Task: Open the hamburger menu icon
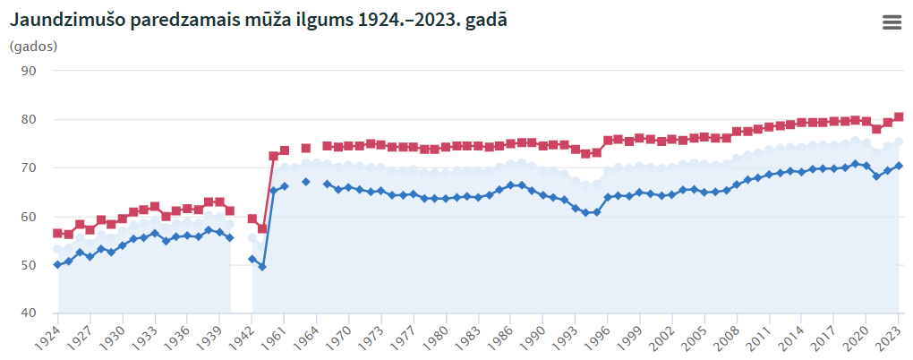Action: [x=892, y=23]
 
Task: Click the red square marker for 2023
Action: [x=899, y=116]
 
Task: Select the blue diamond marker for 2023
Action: [x=899, y=166]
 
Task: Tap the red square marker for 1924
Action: [x=57, y=233]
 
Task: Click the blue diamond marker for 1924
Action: [x=57, y=264]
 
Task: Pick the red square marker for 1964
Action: [x=306, y=148]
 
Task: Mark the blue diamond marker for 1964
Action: [x=306, y=182]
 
